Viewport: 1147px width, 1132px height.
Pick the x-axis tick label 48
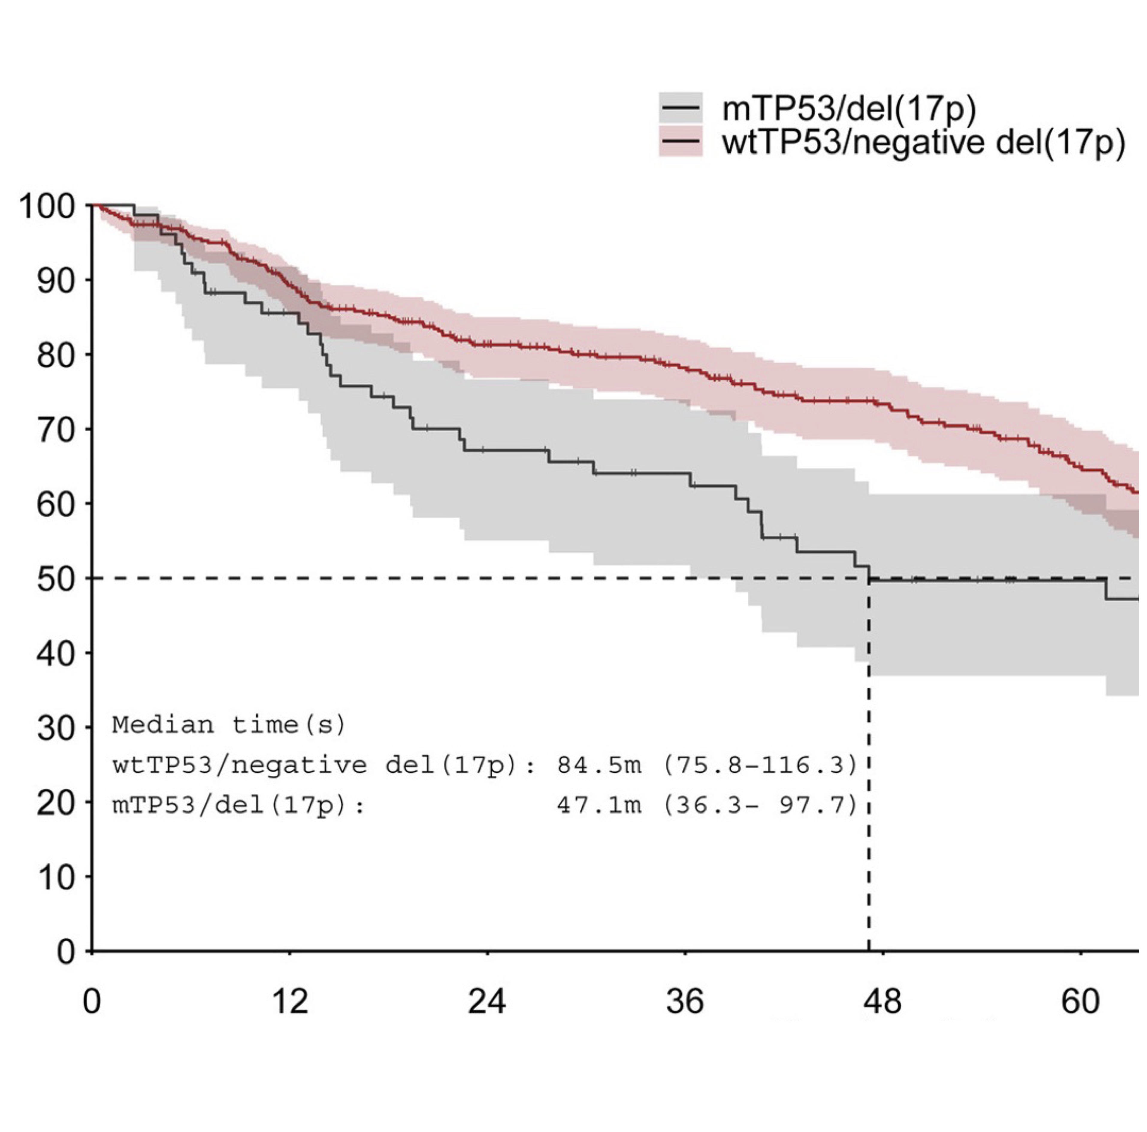click(x=882, y=1002)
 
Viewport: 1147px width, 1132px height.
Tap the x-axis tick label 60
click(x=1080, y=1002)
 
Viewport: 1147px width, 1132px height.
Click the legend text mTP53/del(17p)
click(x=849, y=109)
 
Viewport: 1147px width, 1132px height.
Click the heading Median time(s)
click(x=229, y=725)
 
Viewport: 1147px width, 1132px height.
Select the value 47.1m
click(x=599, y=806)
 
